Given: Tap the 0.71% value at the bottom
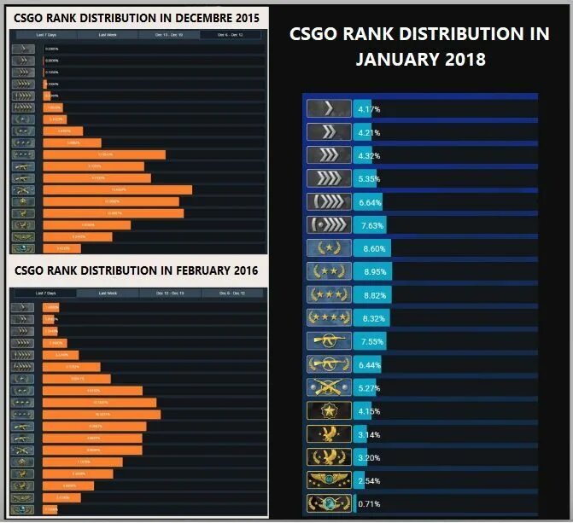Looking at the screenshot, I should click(370, 504).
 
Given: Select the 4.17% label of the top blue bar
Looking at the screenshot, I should click(369, 110).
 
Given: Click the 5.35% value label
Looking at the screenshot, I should click(370, 180).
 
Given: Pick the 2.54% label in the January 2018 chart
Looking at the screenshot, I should click(370, 481).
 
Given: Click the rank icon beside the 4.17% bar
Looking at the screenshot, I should click(329, 109).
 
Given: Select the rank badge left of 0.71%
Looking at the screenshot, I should click(329, 504).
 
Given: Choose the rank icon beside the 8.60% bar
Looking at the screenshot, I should click(329, 248).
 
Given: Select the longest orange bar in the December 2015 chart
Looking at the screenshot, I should click(118, 190).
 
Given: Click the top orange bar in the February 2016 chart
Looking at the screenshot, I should click(50, 307).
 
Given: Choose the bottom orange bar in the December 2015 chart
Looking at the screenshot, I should click(61, 249).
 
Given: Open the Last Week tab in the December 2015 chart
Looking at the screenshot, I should click(108, 35).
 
